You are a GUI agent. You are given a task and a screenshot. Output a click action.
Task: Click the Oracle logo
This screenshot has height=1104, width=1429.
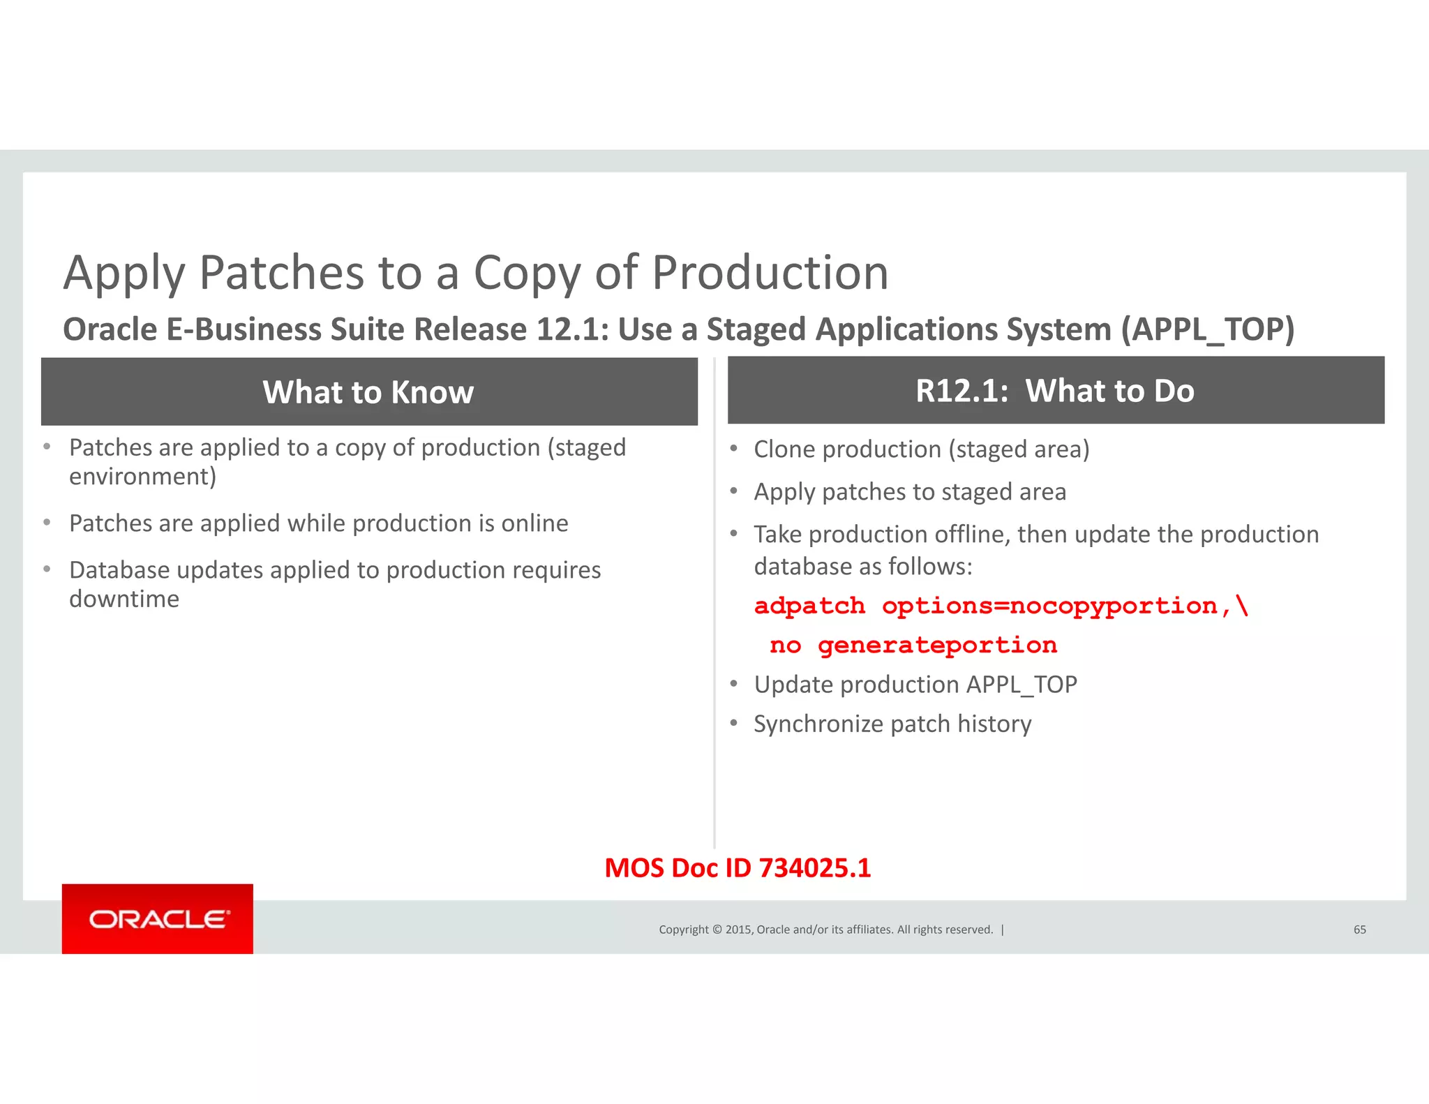[x=158, y=919]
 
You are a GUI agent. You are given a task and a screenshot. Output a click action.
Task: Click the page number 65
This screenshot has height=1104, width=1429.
[x=1359, y=930]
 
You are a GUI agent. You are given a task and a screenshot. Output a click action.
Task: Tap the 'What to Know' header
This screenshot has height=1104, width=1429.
[x=368, y=392]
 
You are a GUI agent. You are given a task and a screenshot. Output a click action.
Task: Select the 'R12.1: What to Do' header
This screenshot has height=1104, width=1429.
[x=1055, y=391]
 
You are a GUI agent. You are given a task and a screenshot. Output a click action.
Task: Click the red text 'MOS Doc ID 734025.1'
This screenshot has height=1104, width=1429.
[x=738, y=868]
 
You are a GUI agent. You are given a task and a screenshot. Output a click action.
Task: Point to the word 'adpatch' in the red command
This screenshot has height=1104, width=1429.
[x=809, y=606]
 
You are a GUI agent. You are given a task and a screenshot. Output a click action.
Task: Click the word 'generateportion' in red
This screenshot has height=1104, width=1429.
[x=937, y=646]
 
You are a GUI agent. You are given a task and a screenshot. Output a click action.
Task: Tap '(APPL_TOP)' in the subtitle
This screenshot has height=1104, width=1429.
[x=1208, y=329]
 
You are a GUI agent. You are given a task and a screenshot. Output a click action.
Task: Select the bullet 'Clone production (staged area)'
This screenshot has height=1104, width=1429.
[x=921, y=449]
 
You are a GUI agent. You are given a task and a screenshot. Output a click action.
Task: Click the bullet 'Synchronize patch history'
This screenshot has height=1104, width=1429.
[x=892, y=724]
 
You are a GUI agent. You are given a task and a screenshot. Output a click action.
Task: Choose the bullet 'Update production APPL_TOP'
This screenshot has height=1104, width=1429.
[x=915, y=685]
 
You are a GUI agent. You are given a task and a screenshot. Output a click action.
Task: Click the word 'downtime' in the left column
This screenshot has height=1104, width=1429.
[x=124, y=599]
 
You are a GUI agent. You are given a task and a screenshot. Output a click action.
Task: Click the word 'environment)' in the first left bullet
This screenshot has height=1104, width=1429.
[x=142, y=477]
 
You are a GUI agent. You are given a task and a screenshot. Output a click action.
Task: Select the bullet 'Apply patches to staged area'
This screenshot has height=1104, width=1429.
[x=909, y=492]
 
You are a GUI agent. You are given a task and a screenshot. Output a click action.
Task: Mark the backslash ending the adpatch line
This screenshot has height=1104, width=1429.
[x=1242, y=605]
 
